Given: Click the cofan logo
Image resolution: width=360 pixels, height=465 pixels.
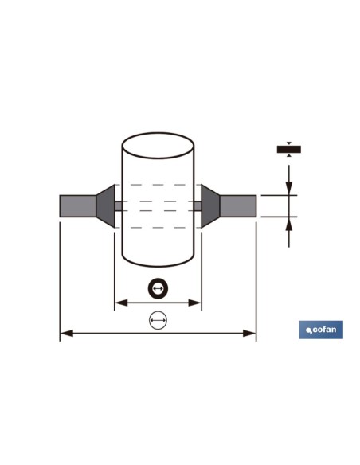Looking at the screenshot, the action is coord(321,330).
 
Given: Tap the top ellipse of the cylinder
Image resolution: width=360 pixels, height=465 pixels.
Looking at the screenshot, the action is coord(158,133).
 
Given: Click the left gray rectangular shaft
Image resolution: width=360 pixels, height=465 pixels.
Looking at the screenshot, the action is coord(78,206).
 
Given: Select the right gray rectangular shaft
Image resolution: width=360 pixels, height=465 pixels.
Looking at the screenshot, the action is coord(238,206).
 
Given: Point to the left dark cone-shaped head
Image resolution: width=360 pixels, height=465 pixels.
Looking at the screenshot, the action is coord(106,206).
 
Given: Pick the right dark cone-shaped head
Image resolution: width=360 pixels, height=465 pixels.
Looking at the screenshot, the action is coord(210,206).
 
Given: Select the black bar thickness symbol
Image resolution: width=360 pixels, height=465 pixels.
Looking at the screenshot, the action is coord(289,149).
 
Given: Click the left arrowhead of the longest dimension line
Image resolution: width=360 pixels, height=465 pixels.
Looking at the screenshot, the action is coord(67,334).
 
